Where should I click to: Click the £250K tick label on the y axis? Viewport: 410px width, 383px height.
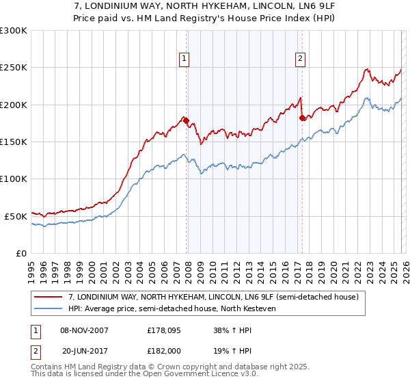tap(14, 68)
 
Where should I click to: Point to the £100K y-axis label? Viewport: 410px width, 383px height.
tap(14, 179)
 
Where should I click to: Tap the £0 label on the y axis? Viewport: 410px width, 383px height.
tap(20, 253)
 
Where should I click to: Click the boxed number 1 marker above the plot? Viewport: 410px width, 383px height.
tap(184, 59)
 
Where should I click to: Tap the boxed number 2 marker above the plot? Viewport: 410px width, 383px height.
tap(300, 59)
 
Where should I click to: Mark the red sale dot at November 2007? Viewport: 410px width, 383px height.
tap(186, 121)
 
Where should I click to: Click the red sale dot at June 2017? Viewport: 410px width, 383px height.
tap(302, 118)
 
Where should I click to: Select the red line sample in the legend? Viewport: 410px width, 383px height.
tap(49, 297)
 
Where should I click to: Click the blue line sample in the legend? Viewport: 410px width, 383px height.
tap(49, 308)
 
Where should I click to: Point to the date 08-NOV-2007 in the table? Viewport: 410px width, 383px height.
tap(84, 330)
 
